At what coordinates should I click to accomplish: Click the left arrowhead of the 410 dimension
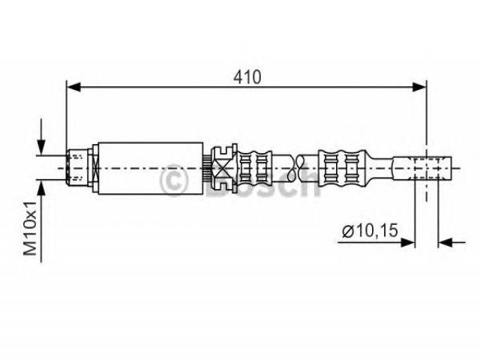tap(73, 88)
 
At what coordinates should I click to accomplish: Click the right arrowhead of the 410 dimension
tap(421, 88)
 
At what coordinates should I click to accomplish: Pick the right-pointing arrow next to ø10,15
tap(409, 241)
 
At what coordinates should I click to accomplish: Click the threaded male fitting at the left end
tap(77, 166)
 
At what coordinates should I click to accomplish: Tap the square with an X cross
tap(224, 166)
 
